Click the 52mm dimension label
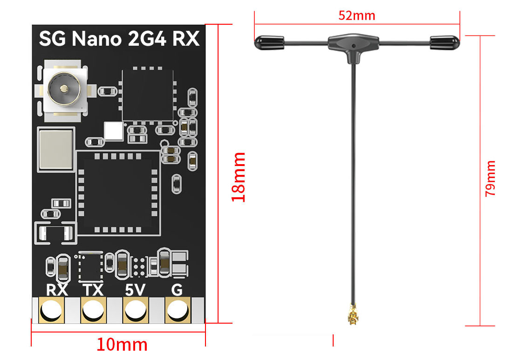pyautogui.click(x=356, y=15)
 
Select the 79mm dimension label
pyautogui.click(x=490, y=178)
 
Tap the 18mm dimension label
pyautogui.click(x=239, y=177)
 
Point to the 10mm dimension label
pyautogui.click(x=122, y=345)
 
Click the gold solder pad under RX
pyautogui.click(x=51, y=310)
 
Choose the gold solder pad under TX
pyautogui.click(x=93, y=310)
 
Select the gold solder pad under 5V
pyautogui.click(x=135, y=310)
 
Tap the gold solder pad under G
pyautogui.click(x=177, y=310)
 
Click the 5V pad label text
pyautogui.click(x=135, y=290)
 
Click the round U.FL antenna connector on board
pyautogui.click(x=63, y=89)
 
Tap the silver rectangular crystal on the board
pyautogui.click(x=56, y=149)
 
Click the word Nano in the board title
pyautogui.click(x=96, y=39)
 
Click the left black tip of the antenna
pyautogui.click(x=269, y=43)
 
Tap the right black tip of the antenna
pyautogui.click(x=445, y=43)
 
